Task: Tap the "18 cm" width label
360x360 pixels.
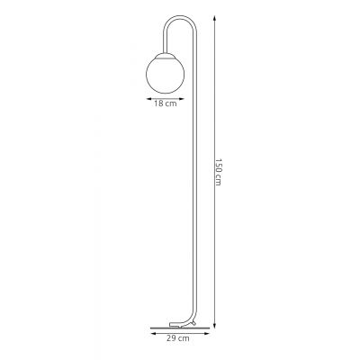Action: coord(163,103)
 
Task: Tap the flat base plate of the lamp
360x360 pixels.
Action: coord(172,326)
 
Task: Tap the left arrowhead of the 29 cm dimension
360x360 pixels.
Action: coord(148,332)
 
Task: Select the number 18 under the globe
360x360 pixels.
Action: coord(158,103)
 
